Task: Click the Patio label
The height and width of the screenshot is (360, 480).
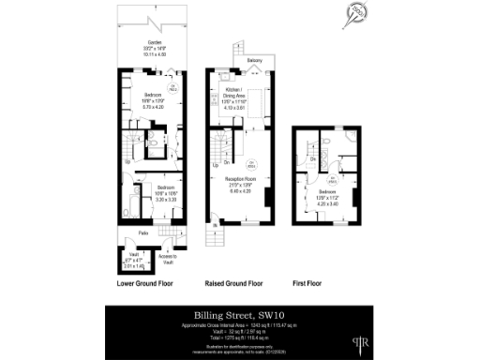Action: click(x=143, y=232)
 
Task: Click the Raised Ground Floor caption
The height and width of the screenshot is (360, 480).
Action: click(x=239, y=281)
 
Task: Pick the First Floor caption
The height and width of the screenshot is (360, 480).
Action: click(x=324, y=281)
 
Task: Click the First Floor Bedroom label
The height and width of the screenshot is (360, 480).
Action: click(x=324, y=195)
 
